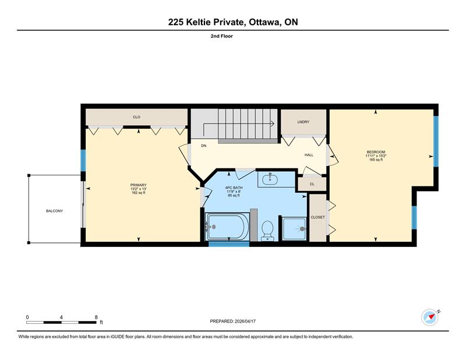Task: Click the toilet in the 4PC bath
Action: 267,231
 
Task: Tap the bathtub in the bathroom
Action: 228,227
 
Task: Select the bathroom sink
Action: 270,179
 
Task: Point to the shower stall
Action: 294,229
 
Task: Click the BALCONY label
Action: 54,211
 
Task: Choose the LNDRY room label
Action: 303,122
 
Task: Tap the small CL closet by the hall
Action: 312,184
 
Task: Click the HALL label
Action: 309,155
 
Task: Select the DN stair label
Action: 203,146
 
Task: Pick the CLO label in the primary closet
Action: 136,117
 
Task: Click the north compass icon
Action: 430,317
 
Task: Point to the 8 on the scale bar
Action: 96,317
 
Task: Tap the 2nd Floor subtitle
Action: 222,36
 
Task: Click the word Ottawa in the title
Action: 265,22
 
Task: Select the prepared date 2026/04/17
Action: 245,321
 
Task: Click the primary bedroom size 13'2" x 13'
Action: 139,189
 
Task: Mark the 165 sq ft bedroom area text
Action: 376,160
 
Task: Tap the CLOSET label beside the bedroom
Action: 317,217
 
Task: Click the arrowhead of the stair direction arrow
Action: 272,123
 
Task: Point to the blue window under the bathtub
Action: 229,244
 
